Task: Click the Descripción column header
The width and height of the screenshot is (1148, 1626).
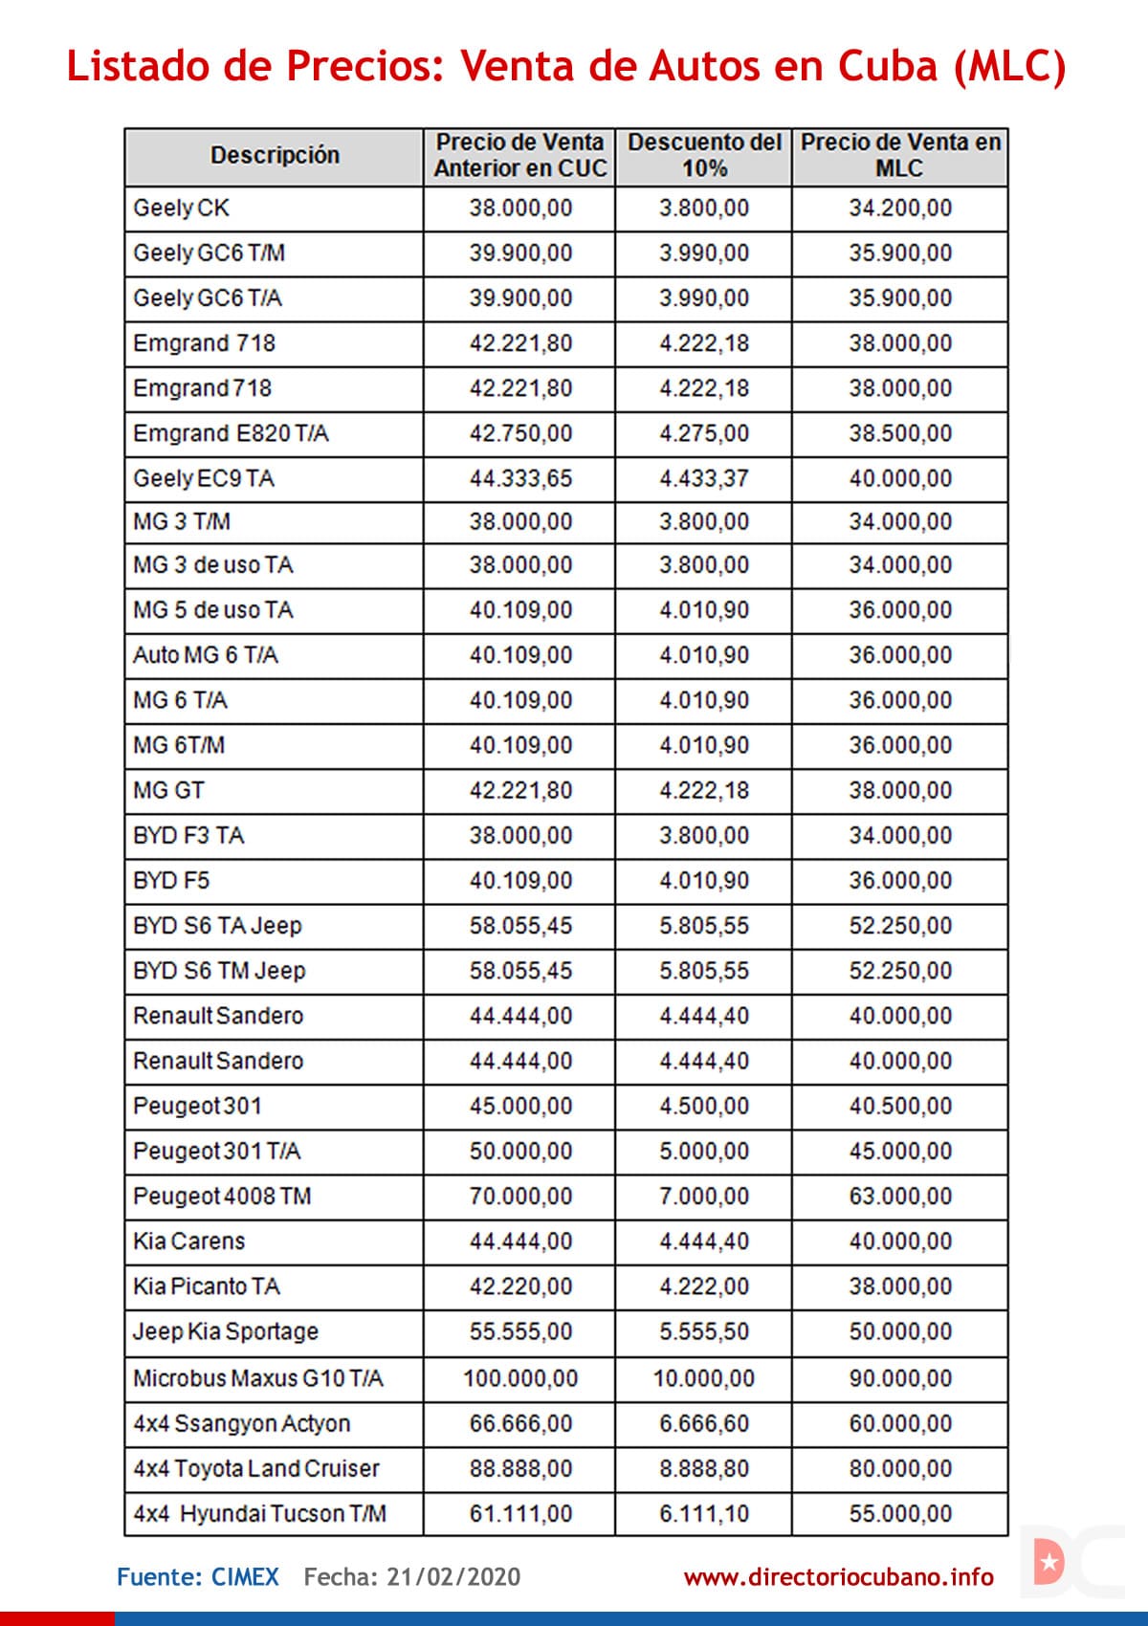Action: coord(275,155)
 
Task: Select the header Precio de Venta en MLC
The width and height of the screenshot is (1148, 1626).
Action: coord(900,155)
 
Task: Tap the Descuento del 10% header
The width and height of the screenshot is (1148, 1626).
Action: coord(704,155)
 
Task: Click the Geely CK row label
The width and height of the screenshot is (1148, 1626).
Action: coord(182,209)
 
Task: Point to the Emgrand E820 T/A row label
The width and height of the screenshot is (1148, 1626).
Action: coord(231,433)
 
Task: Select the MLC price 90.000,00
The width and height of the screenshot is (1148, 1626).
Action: coord(900,1378)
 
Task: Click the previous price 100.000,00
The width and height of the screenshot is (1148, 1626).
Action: coord(520,1378)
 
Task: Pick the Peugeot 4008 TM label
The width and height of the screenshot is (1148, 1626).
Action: coord(222,1197)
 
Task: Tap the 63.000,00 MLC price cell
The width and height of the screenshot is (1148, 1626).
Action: coord(900,1197)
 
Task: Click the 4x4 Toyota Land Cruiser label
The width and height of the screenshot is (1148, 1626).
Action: coord(256,1468)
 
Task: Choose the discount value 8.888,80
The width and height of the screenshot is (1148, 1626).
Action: coord(704,1468)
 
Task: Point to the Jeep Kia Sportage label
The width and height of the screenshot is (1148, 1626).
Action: coord(226,1331)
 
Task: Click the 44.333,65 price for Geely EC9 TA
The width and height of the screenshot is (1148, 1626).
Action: coord(520,478)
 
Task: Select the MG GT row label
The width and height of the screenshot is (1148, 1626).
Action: coord(168,791)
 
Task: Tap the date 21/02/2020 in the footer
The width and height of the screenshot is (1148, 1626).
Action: coord(453,1577)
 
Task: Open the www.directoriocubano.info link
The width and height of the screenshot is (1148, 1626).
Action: coord(838,1577)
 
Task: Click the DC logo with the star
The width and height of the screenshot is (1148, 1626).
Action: coord(1070,1563)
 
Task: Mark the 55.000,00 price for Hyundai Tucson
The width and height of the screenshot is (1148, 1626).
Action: coord(900,1514)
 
